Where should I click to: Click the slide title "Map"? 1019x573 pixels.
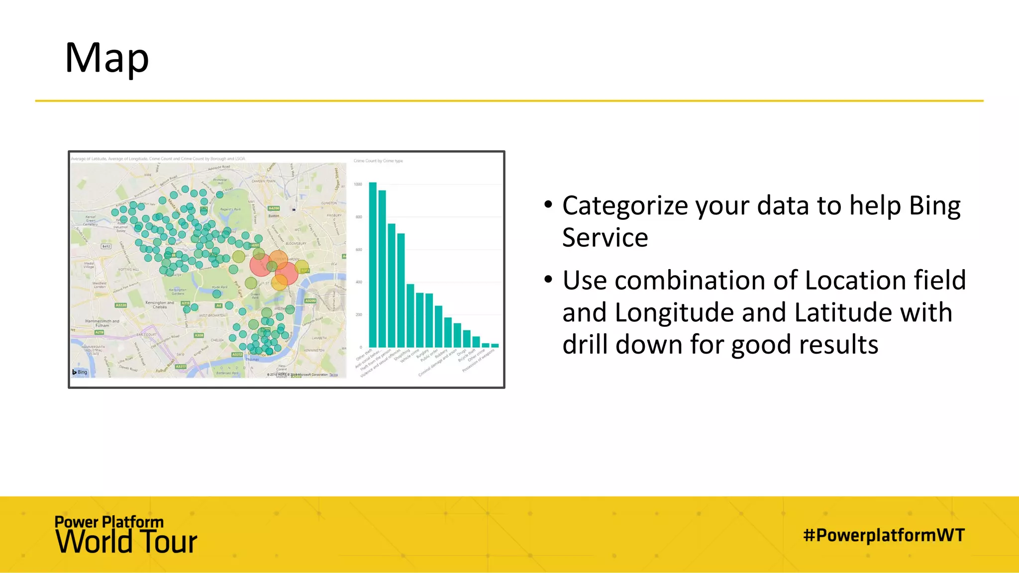(x=106, y=58)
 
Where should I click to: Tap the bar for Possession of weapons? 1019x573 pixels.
(x=495, y=345)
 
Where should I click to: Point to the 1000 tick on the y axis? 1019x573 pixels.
(x=358, y=185)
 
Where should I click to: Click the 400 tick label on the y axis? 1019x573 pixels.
(x=358, y=282)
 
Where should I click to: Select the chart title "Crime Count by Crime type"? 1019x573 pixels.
(x=378, y=161)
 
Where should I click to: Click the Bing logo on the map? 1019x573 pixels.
(x=80, y=372)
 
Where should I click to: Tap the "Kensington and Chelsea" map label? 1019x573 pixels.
(x=160, y=304)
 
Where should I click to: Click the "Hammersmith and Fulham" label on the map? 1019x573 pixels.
(x=102, y=323)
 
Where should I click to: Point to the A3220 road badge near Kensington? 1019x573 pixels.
(x=121, y=305)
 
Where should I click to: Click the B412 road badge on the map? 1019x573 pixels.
(x=106, y=246)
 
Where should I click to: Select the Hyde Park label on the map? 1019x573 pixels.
(x=219, y=287)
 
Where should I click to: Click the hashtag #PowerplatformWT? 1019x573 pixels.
(x=884, y=535)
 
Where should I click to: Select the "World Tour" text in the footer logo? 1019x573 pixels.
(x=126, y=542)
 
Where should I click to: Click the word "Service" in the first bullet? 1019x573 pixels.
(x=605, y=238)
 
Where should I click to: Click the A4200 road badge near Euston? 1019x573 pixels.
(x=274, y=208)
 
